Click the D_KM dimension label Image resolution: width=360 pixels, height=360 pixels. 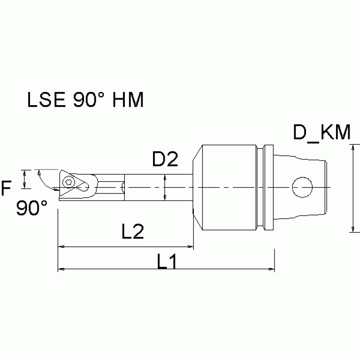coord(322,133)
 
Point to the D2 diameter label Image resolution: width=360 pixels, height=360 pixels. coord(165,161)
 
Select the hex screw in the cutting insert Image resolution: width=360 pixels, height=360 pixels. coord(70,182)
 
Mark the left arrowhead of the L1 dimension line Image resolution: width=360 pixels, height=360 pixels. coord(60,269)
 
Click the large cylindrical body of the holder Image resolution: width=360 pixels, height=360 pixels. coord(228,187)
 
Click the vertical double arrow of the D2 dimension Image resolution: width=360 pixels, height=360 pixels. coord(165,187)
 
